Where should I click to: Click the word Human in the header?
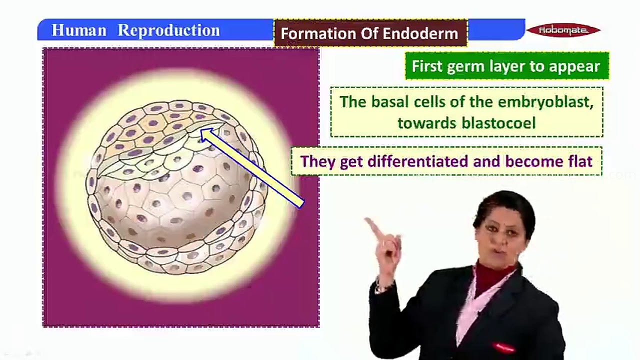(x=78, y=30)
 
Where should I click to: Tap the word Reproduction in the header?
(x=168, y=30)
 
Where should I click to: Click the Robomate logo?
(x=563, y=30)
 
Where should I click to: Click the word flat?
(x=578, y=161)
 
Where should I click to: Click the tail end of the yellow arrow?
(x=300, y=203)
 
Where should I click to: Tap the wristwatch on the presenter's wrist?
(x=381, y=286)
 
